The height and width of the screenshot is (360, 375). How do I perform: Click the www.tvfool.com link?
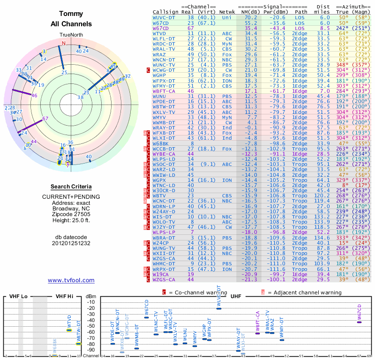point(71,280)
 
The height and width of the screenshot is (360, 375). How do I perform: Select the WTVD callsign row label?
point(162,34)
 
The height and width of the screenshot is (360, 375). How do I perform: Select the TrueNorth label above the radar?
point(71,35)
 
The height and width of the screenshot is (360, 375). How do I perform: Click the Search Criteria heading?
point(71,186)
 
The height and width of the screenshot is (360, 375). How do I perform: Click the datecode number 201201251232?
point(71,243)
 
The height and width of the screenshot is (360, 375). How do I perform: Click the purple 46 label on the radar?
point(34,96)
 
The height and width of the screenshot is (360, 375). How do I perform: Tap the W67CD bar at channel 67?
point(359,322)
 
